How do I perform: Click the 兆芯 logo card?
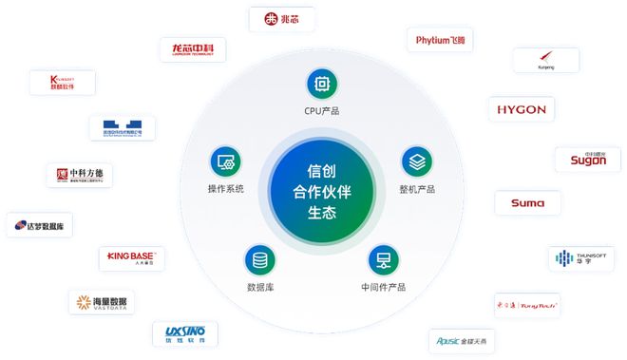[x=281, y=19]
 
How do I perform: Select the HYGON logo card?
[x=522, y=109]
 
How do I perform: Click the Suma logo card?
[x=527, y=203]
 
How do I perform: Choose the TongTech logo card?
[x=528, y=305]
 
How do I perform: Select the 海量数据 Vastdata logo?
[x=102, y=302]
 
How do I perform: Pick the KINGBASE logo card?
[x=132, y=257]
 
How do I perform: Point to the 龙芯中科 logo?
[x=193, y=49]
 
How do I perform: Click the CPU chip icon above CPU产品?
[x=322, y=84]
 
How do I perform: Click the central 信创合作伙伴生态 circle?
[x=322, y=190]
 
